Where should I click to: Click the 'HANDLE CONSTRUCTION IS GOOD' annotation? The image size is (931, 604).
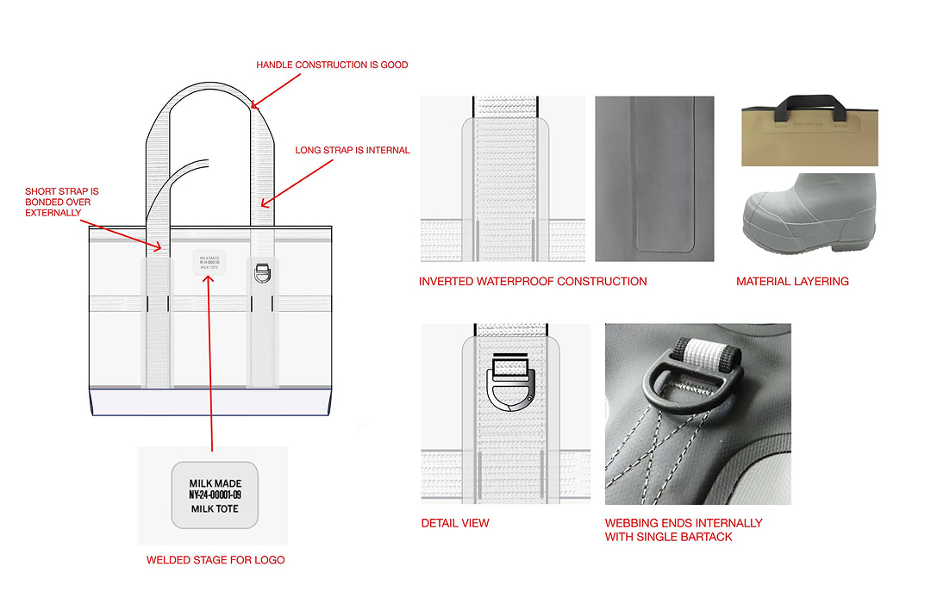click(332, 65)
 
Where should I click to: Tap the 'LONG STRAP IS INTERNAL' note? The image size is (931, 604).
click(353, 150)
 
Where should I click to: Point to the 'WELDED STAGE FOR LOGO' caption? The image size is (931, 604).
click(216, 560)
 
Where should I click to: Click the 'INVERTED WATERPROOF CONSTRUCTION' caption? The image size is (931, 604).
click(533, 282)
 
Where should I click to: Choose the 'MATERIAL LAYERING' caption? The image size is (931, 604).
click(792, 282)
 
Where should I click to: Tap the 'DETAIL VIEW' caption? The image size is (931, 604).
click(455, 523)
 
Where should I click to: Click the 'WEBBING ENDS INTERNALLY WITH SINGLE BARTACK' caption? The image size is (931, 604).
click(684, 530)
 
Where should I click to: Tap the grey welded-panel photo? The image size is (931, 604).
click(654, 178)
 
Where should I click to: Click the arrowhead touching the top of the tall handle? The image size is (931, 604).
click(252, 106)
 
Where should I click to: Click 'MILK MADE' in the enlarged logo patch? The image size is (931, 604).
click(214, 483)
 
